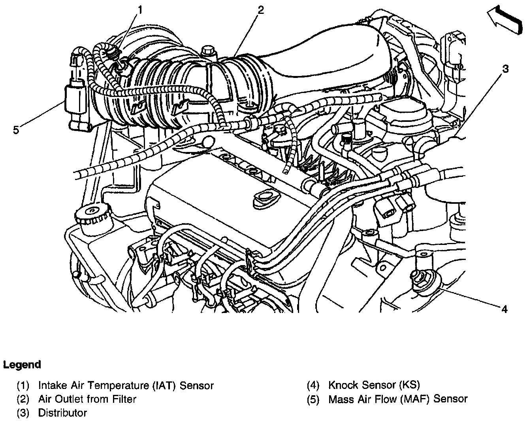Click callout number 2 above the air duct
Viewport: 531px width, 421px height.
(x=260, y=9)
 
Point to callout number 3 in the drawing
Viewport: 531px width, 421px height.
(x=505, y=69)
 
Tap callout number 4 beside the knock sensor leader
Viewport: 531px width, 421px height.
(x=504, y=309)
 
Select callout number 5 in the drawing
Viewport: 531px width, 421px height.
(x=15, y=129)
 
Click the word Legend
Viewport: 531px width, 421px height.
(x=22, y=364)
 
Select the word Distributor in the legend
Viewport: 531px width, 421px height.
(x=62, y=413)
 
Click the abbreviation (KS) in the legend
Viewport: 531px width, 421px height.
(x=409, y=385)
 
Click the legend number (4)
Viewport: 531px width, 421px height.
(x=314, y=385)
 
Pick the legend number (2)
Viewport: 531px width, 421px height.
(x=23, y=399)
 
